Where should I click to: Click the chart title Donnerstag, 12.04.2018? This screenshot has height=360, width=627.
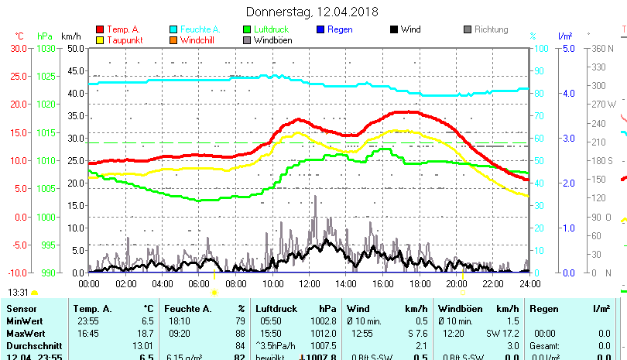click(312, 12)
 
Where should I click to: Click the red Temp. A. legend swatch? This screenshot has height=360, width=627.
click(100, 29)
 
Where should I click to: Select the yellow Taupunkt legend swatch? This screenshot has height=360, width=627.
click(100, 39)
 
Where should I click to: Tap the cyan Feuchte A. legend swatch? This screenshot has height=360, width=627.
click(173, 29)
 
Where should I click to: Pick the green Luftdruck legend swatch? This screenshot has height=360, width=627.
click(247, 29)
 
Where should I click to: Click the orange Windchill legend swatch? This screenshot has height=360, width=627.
click(173, 39)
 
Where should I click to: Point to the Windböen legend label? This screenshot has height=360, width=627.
click(272, 39)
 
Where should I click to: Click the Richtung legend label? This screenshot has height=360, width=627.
click(491, 29)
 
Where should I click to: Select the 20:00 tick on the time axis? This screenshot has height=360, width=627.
click(456, 283)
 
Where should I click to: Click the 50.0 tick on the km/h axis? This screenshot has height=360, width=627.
click(75, 48)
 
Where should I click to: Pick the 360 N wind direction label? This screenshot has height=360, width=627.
click(604, 48)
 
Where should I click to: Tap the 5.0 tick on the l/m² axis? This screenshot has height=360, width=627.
click(565, 48)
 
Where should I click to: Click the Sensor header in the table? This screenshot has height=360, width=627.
click(21, 308)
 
